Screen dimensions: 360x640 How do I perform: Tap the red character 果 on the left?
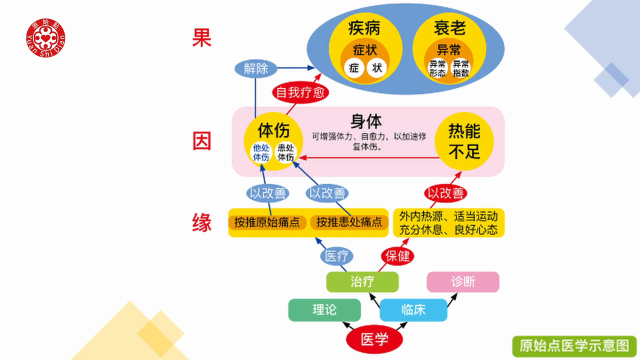pos(202,37)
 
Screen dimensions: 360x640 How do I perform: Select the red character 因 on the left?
pos(202,141)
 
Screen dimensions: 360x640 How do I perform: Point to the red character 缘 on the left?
pos(202,222)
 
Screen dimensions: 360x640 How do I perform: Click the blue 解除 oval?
pos(256,68)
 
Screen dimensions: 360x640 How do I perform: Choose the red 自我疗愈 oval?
pos(300,92)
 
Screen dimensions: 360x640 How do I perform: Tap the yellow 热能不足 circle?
pos(464,141)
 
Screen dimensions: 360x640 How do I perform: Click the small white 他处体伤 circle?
pos(261,152)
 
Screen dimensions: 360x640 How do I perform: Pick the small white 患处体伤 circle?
pos(286,152)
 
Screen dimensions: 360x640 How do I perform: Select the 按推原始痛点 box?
pos(267,222)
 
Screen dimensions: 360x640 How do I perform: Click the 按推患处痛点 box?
pos(349,222)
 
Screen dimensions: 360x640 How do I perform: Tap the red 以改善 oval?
pos(445,193)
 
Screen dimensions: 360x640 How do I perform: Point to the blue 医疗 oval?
pos(336,256)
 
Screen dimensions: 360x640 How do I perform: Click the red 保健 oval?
pos(397,256)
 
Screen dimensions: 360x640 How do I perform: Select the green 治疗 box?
pos(362,282)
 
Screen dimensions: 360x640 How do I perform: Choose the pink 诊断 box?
pos(463,282)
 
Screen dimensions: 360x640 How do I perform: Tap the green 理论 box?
pos(324,310)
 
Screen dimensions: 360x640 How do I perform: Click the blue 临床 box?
pos(413,310)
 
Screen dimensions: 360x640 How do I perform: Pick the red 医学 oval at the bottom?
pos(374,340)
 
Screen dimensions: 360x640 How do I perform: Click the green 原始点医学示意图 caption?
pos(574,345)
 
